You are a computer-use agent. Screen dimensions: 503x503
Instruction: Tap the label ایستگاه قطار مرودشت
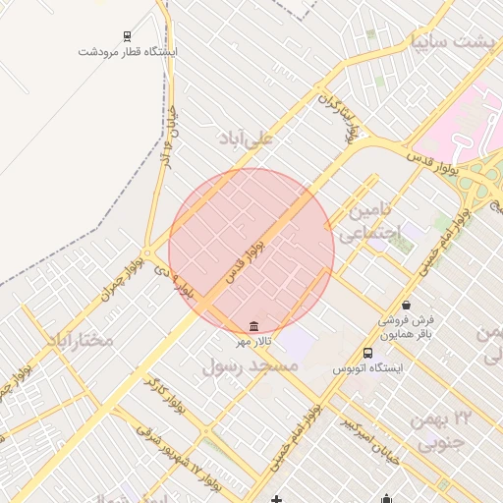tap(128, 51)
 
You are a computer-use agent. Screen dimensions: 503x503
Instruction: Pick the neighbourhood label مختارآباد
tap(78, 340)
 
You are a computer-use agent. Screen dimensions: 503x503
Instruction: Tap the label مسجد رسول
tap(251, 365)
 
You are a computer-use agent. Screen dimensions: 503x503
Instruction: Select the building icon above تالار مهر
tap(254, 326)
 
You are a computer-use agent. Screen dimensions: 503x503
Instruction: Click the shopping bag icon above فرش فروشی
tap(407, 306)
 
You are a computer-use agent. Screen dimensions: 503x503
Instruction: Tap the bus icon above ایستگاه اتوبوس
tap(367, 353)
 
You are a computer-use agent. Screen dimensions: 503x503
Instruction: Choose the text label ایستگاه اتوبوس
tap(367, 368)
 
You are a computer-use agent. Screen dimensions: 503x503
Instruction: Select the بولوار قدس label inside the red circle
tap(246, 257)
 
